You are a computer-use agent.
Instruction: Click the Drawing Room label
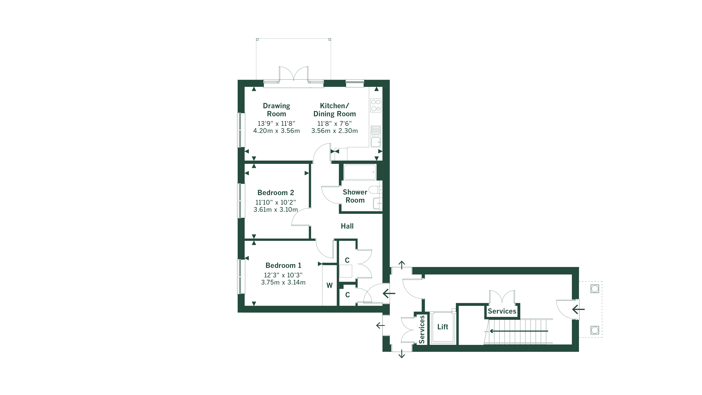[276, 110]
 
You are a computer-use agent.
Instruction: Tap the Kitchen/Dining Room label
[334, 110]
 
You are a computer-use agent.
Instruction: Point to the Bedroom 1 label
[283, 265]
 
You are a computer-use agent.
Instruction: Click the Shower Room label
[355, 196]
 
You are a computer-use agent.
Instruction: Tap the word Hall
[347, 226]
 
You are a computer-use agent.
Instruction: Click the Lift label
[443, 327]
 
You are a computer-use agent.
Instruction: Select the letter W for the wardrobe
[329, 285]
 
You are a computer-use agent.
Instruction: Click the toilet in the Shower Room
[375, 189]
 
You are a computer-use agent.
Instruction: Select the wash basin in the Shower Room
[377, 203]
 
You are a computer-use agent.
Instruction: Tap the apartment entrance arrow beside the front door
[389, 294]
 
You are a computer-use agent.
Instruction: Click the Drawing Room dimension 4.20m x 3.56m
[276, 131]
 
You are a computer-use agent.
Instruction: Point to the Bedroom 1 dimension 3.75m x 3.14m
[283, 282]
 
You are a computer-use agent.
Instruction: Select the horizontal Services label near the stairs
[502, 311]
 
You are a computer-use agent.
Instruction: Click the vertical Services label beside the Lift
[422, 329]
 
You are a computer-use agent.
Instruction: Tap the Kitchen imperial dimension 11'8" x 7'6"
[334, 123]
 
